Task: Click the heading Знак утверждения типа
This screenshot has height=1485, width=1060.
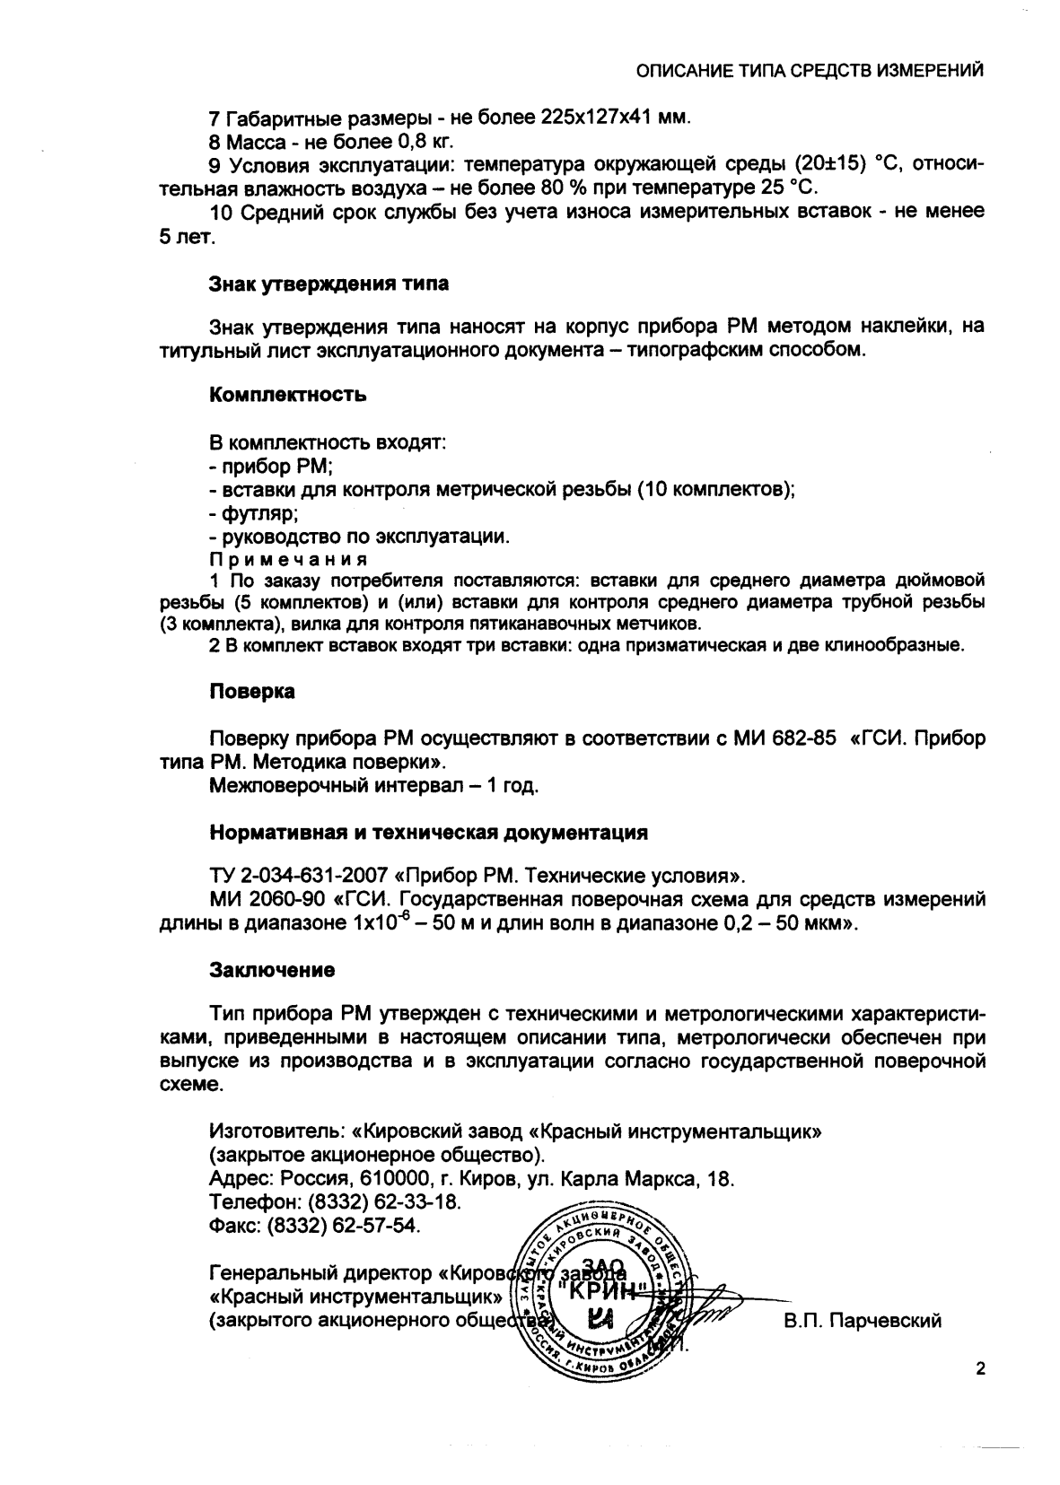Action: coord(329,284)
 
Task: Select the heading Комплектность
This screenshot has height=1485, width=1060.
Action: coord(287,395)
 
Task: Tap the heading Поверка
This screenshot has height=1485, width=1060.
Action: coord(252,692)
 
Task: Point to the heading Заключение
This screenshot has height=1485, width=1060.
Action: coord(272,970)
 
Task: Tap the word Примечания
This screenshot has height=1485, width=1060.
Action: coord(276,560)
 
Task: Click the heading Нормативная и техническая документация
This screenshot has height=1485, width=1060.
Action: coord(428,832)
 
